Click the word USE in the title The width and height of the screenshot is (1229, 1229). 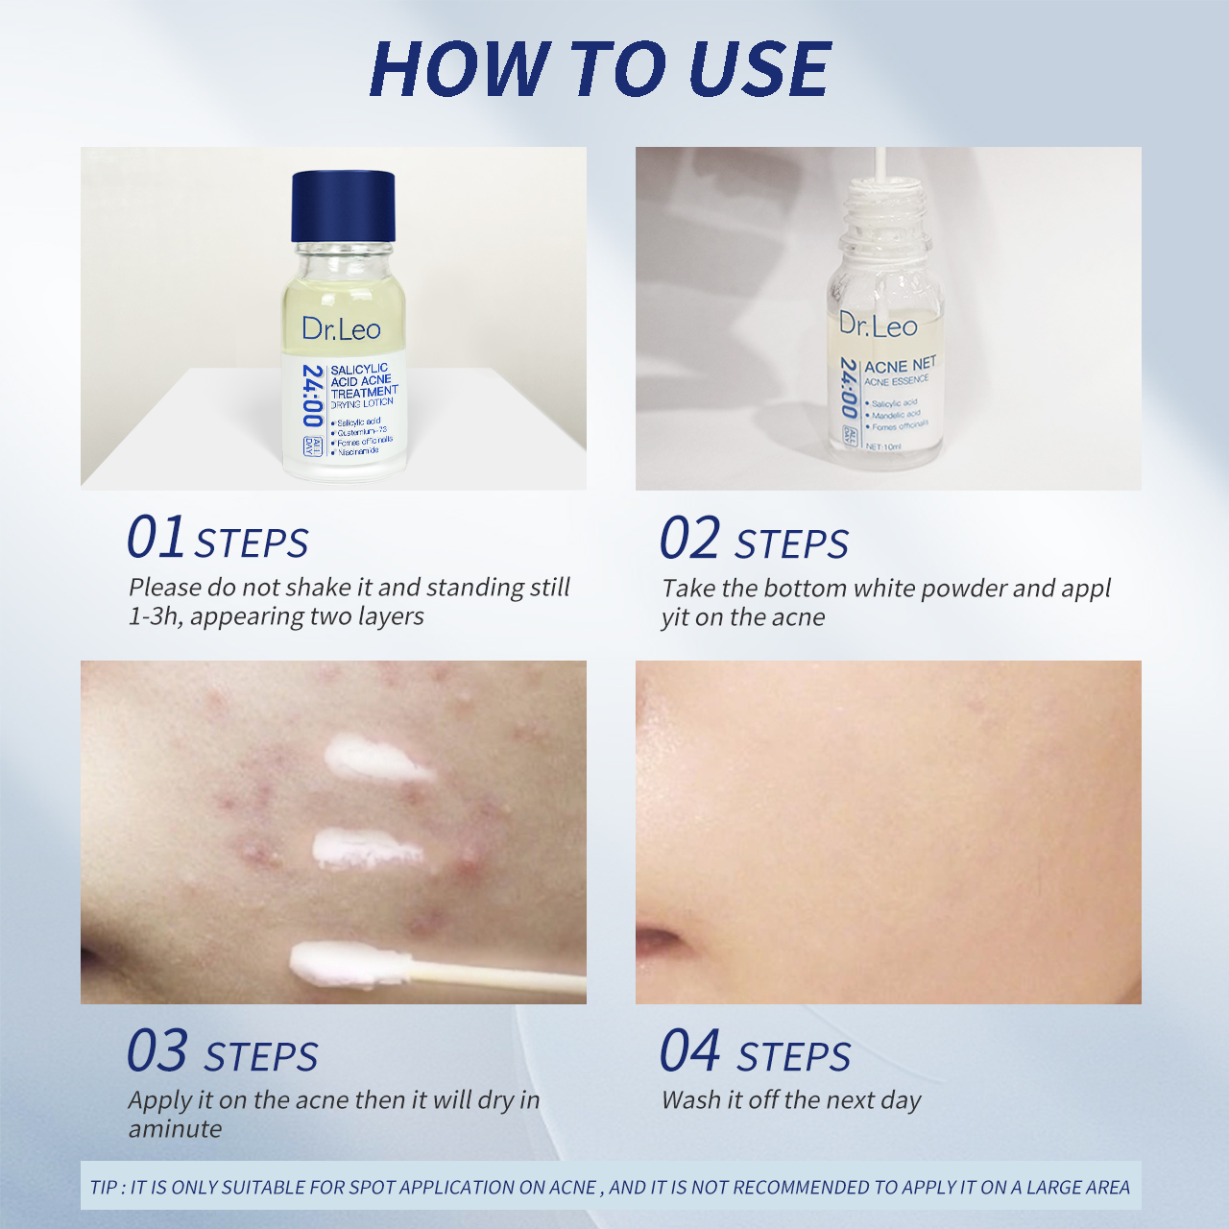(759, 69)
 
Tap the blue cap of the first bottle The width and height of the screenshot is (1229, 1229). (343, 206)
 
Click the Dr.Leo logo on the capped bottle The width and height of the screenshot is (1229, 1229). (341, 329)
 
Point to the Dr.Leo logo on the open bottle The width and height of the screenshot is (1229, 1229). (878, 325)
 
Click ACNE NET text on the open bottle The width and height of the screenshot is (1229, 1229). (900, 365)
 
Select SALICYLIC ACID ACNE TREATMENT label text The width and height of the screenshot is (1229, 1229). (363, 380)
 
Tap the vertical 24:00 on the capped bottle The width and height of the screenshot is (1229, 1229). (311, 395)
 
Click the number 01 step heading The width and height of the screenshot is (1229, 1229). (156, 538)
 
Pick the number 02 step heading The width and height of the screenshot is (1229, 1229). (689, 538)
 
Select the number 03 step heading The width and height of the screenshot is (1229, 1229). (157, 1051)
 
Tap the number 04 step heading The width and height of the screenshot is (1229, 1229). (689, 1051)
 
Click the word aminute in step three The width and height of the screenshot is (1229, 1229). (175, 1129)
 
